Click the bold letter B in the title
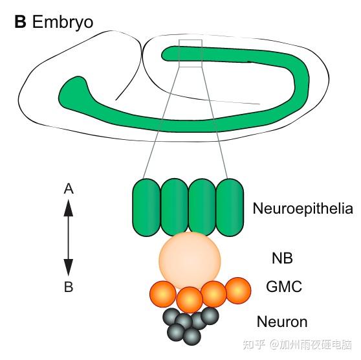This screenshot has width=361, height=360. click(x=20, y=22)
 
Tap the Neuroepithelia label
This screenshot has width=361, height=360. click(x=303, y=208)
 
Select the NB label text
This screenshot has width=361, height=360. click(x=282, y=258)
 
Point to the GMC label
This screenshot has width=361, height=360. click(x=284, y=286)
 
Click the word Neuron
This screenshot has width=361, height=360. click(x=282, y=322)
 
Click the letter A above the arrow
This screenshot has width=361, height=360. click(x=69, y=189)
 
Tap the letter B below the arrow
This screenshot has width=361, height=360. click(x=69, y=287)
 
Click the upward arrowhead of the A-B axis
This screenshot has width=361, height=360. click(x=69, y=208)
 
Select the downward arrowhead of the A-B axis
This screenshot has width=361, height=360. click(x=69, y=267)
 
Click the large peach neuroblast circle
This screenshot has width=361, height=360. click(x=190, y=260)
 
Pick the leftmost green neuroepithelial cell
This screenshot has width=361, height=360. click(x=146, y=207)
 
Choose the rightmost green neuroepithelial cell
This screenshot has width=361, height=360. click(x=230, y=207)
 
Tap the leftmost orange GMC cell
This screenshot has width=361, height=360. click(x=163, y=294)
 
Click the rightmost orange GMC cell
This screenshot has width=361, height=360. click(x=238, y=291)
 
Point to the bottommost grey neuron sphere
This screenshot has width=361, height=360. click(x=191, y=337)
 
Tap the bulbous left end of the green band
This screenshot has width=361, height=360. click(x=74, y=91)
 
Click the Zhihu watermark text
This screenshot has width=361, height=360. click(x=297, y=344)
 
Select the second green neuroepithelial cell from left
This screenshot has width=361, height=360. click(x=174, y=207)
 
